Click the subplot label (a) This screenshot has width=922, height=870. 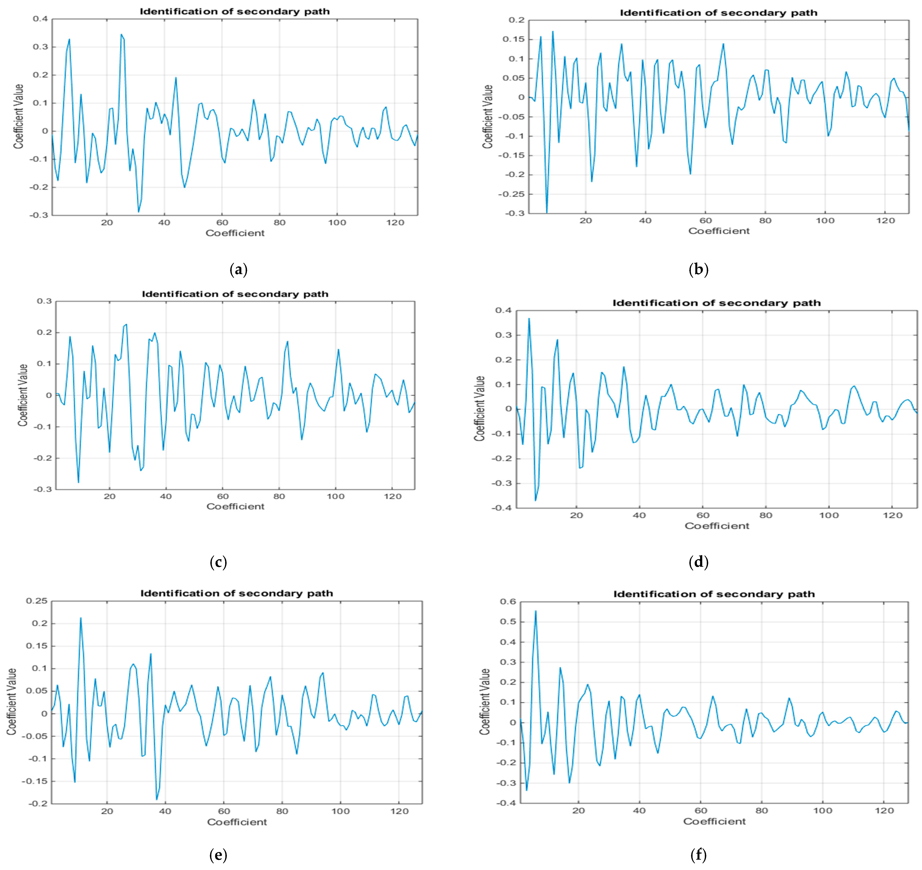tap(238, 269)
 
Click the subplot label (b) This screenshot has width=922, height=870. tap(698, 269)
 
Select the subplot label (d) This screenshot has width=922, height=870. tap(698, 562)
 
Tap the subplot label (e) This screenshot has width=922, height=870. tap(218, 855)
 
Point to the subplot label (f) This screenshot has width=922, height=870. tap(698, 855)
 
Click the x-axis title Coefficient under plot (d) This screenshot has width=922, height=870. tap(716, 526)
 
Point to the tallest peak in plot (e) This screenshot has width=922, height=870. tap(81, 618)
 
